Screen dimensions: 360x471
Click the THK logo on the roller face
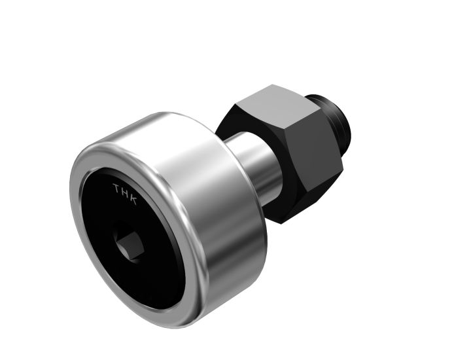coord(125,194)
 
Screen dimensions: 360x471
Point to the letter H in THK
coord(125,194)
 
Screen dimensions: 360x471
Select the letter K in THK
coord(133,199)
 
